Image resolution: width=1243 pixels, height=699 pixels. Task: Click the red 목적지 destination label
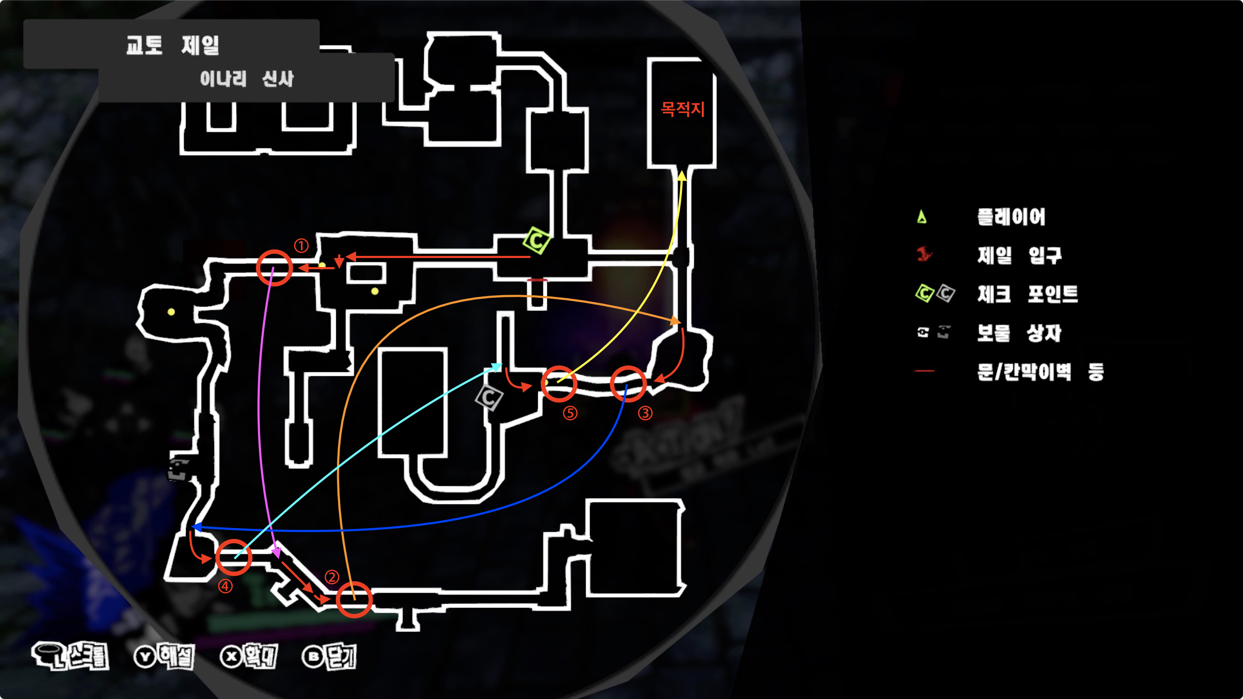pyautogui.click(x=682, y=109)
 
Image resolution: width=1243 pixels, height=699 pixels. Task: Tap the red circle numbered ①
pyautogui.click(x=274, y=268)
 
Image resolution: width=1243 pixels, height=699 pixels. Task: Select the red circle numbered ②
pyautogui.click(x=354, y=600)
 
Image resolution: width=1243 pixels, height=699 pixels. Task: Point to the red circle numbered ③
pyautogui.click(x=628, y=384)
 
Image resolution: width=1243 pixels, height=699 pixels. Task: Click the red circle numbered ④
pyautogui.click(x=233, y=557)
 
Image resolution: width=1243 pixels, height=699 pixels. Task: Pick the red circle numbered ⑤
pyautogui.click(x=559, y=384)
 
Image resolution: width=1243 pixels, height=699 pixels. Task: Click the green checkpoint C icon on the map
pyautogui.click(x=536, y=240)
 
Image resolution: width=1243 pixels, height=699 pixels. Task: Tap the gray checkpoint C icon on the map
pyautogui.click(x=489, y=397)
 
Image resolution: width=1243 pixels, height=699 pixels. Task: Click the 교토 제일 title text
pyautogui.click(x=172, y=45)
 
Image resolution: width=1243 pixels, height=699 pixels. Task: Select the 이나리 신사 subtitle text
pyautogui.click(x=246, y=79)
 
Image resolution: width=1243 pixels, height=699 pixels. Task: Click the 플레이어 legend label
pyautogui.click(x=1011, y=217)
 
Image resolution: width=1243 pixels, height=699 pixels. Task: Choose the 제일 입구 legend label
pyautogui.click(x=1019, y=255)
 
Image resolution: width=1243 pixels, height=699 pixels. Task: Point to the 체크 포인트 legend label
pyautogui.click(x=1027, y=294)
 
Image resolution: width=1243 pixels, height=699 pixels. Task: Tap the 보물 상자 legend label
pyautogui.click(x=1019, y=333)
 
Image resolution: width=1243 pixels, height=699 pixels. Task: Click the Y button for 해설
pyautogui.click(x=145, y=657)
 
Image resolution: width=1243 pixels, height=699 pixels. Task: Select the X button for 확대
pyautogui.click(x=232, y=657)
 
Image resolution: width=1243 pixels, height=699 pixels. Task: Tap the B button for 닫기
pyautogui.click(x=313, y=657)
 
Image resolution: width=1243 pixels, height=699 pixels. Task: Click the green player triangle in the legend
pyautogui.click(x=921, y=217)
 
